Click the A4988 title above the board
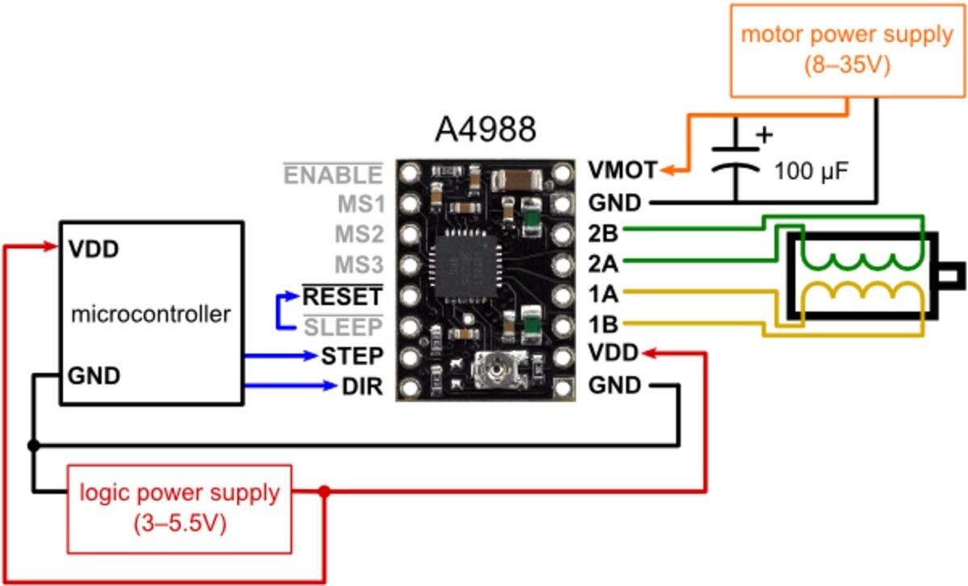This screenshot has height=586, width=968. (x=486, y=129)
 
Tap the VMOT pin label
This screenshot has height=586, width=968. (x=623, y=170)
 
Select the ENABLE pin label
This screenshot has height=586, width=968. (x=333, y=174)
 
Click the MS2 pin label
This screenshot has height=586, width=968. (x=360, y=234)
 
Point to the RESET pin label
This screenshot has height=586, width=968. (x=342, y=296)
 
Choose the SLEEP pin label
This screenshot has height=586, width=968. (x=343, y=327)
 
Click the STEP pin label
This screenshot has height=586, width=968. (x=353, y=356)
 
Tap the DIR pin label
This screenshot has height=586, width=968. (x=362, y=386)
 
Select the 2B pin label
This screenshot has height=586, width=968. (x=603, y=233)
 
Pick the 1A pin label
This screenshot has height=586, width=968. (x=603, y=295)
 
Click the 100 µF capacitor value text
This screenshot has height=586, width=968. (x=812, y=171)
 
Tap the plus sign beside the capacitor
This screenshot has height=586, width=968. (x=764, y=135)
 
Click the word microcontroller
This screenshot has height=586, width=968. (x=150, y=314)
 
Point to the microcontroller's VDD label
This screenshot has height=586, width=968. (x=94, y=249)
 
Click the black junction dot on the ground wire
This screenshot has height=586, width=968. (x=33, y=445)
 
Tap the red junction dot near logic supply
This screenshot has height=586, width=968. (x=324, y=492)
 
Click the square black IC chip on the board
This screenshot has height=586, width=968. (x=465, y=266)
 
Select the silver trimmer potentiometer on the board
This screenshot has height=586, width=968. (x=499, y=370)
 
